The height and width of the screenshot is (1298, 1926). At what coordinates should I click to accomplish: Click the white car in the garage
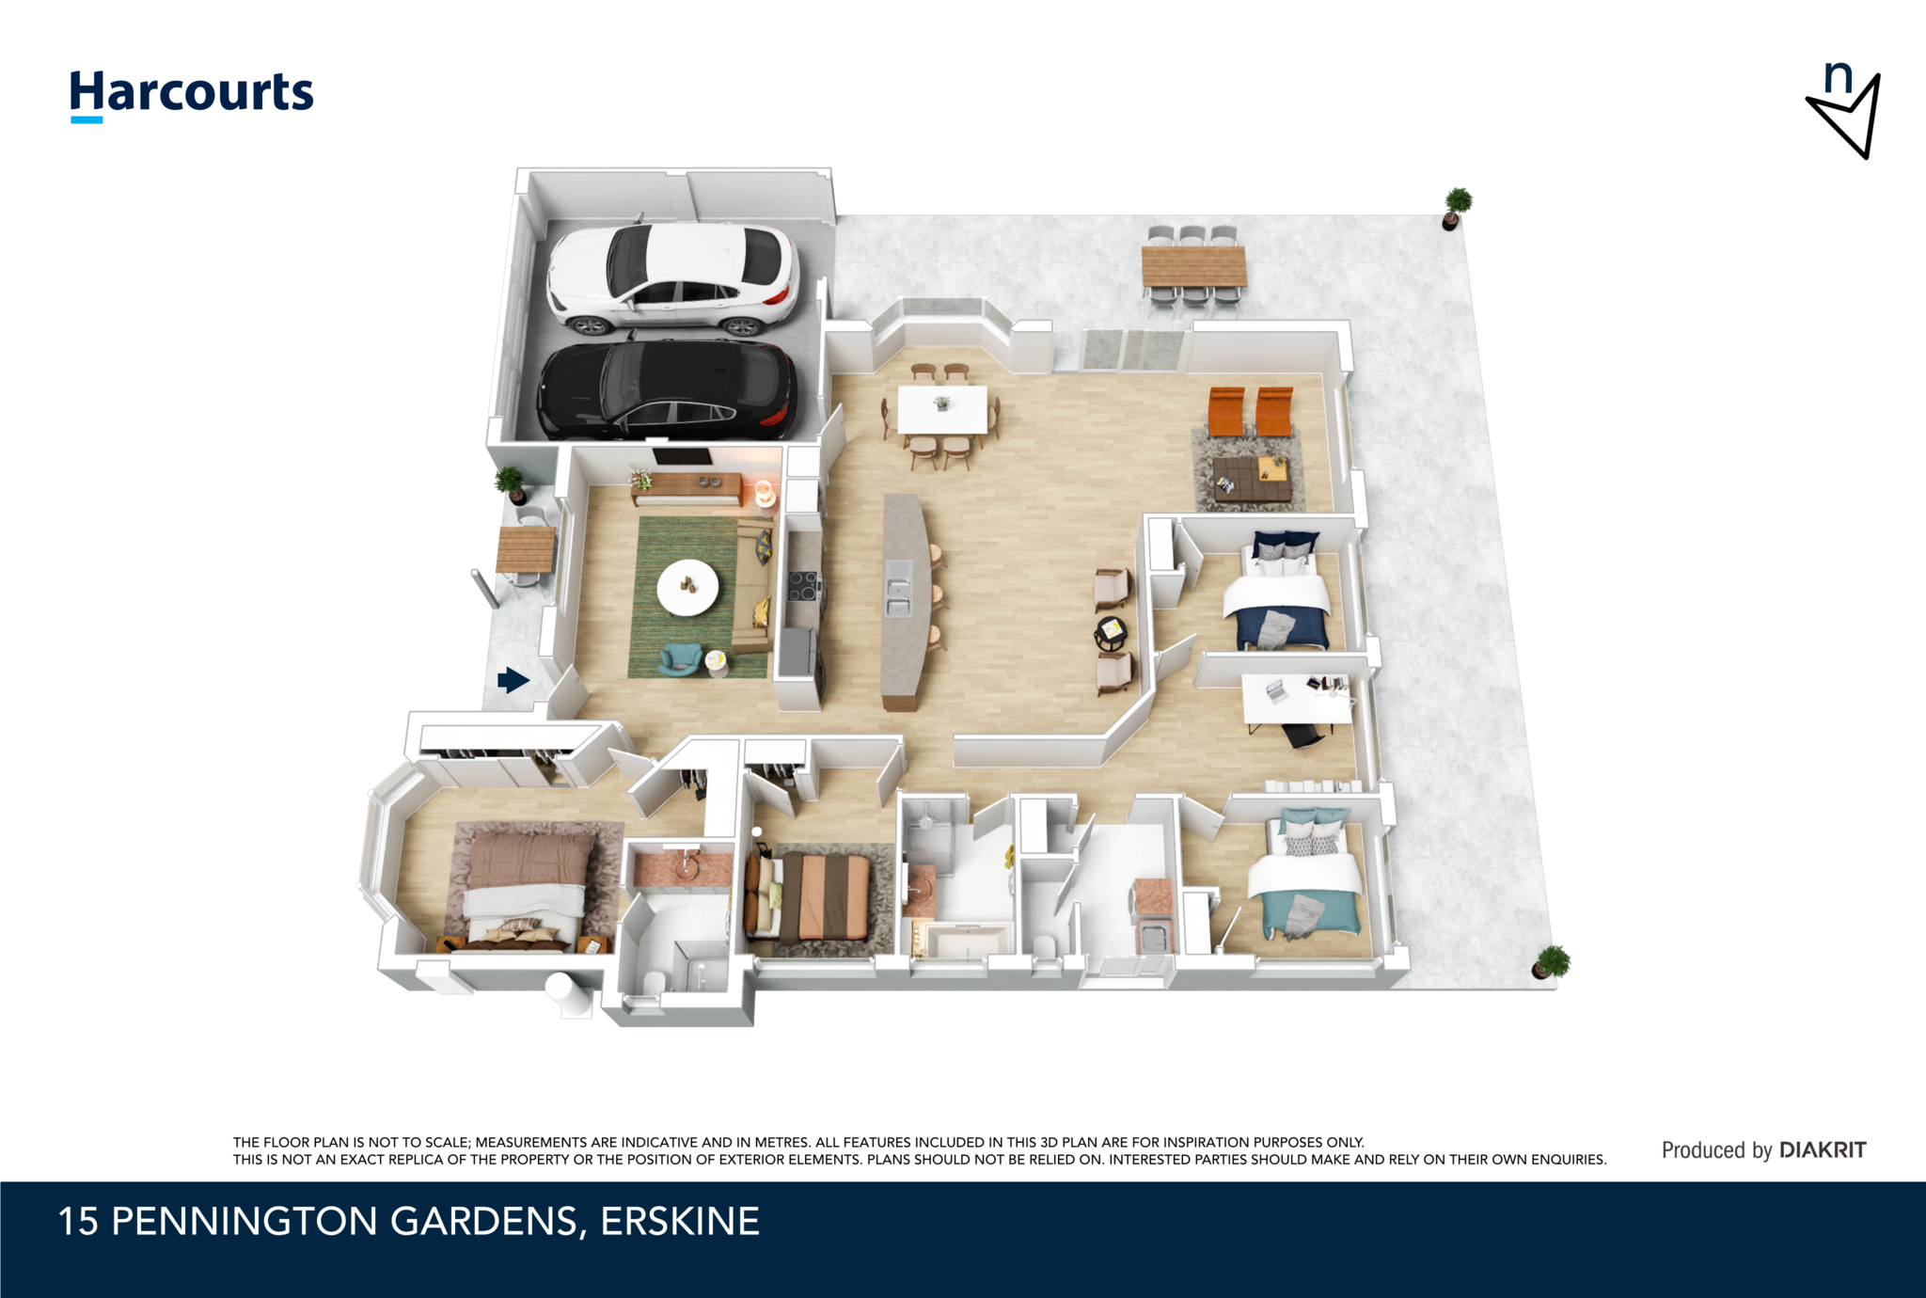(673, 278)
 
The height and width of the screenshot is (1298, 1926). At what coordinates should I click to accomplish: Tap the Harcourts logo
(192, 96)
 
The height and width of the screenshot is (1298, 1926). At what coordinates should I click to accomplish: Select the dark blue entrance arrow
(513, 680)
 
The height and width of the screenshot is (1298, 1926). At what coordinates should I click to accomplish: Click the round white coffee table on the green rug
(687, 588)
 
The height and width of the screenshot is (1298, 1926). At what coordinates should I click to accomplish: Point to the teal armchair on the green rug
(680, 658)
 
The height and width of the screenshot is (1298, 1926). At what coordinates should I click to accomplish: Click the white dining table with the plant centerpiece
(942, 410)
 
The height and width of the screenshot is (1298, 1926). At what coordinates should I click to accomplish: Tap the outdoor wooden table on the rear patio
(1194, 266)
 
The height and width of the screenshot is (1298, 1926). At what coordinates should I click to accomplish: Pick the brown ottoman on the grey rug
(1251, 479)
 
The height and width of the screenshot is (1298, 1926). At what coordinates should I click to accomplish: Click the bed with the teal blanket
(1305, 874)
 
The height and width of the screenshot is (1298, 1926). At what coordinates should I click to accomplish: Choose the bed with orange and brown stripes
(808, 896)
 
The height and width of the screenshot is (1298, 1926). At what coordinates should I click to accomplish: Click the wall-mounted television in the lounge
(682, 457)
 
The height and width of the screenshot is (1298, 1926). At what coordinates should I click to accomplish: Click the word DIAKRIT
(1823, 1150)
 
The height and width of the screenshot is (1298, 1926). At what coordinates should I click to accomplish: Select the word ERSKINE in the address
(680, 1221)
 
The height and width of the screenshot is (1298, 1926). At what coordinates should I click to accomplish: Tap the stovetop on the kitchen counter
(803, 586)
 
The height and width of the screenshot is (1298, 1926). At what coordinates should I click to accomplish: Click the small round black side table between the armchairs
(1111, 633)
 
